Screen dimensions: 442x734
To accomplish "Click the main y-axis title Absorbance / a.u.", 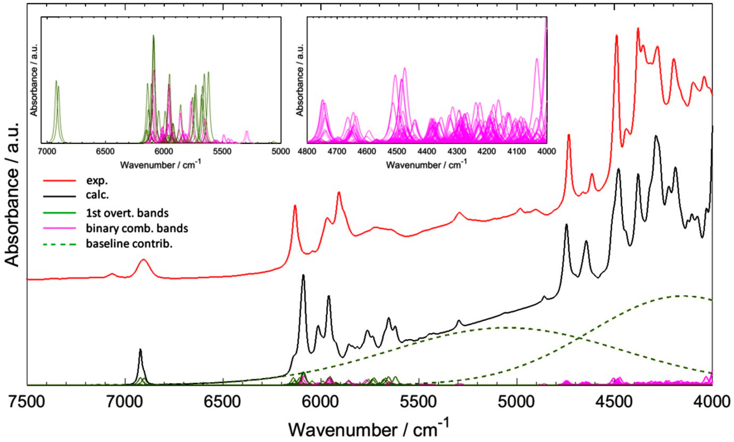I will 13,195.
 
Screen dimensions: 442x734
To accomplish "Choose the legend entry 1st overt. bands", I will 127,213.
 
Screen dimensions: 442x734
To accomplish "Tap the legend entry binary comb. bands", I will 137,228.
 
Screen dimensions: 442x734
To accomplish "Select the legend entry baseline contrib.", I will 129,244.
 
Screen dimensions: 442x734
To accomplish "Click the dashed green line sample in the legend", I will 60,244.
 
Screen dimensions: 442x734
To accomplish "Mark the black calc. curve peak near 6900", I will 140,350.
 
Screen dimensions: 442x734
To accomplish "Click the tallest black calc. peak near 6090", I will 303,275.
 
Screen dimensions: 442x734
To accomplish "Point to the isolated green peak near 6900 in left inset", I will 56,81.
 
